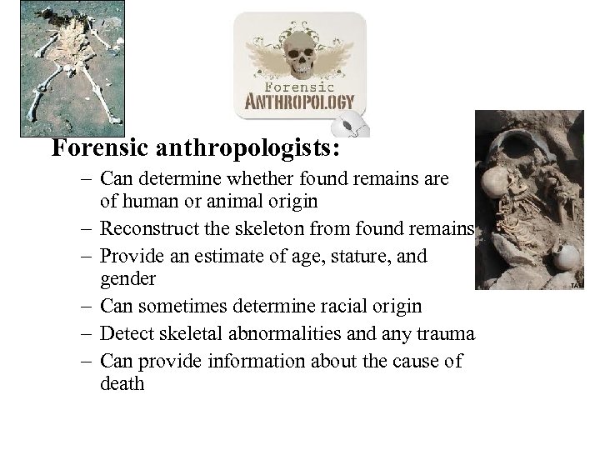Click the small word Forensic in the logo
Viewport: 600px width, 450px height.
tap(299, 86)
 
